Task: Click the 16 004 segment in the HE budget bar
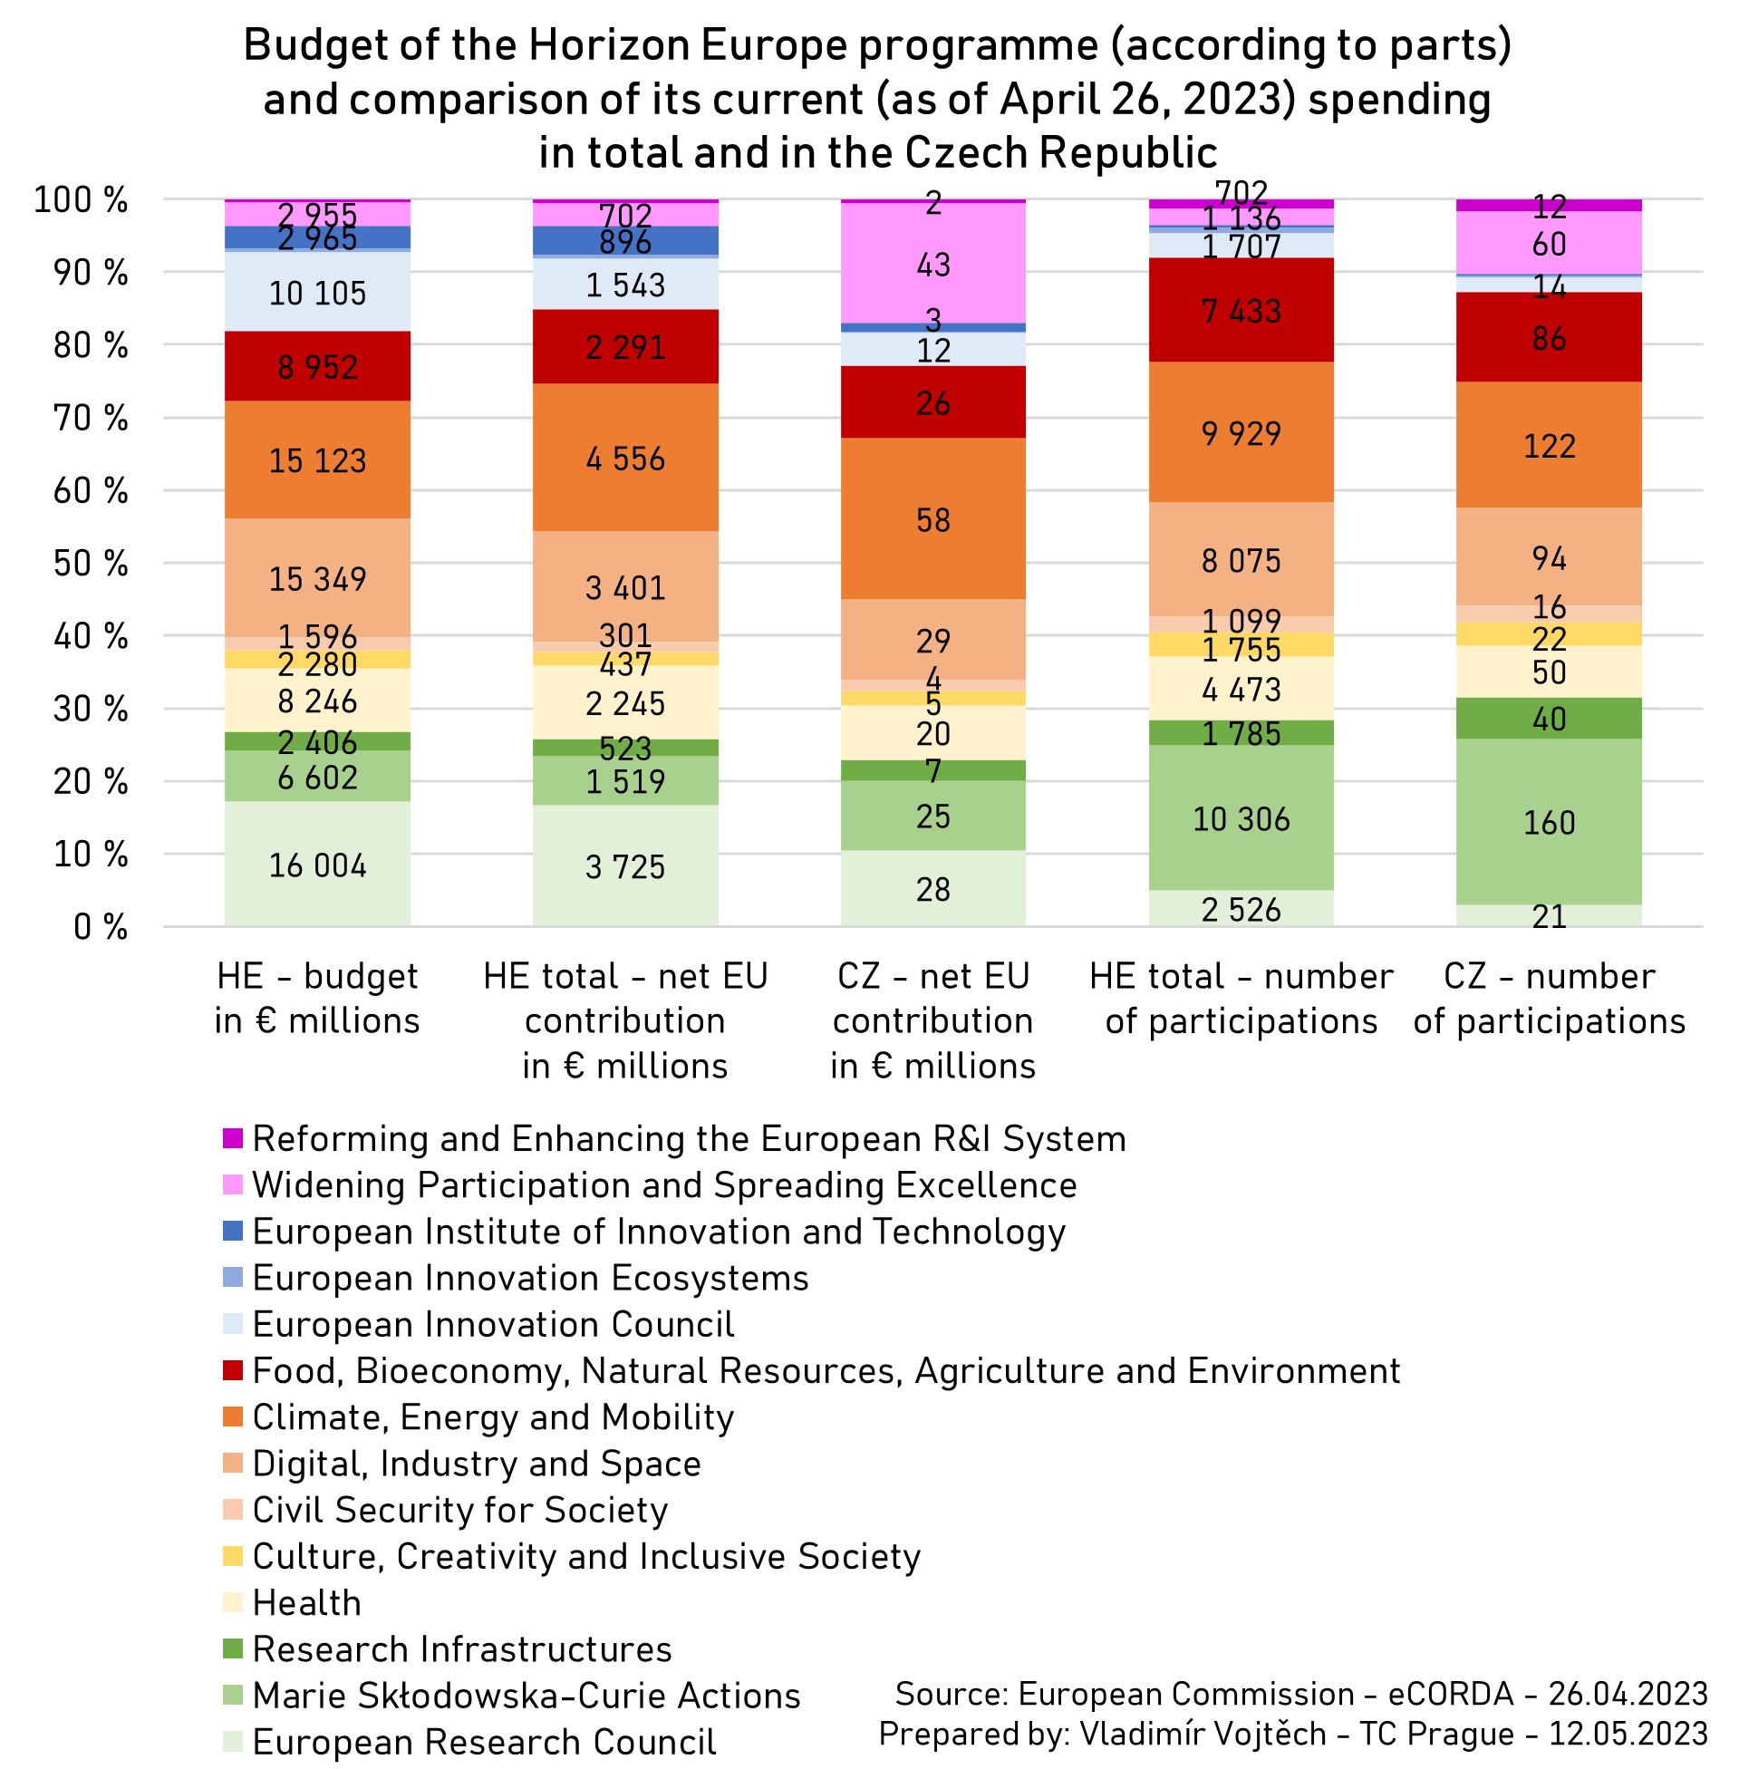(x=317, y=864)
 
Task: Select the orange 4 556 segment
(x=625, y=457)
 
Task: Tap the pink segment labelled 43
(x=932, y=264)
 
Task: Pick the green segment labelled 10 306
(x=1241, y=817)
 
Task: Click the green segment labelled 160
(x=1548, y=821)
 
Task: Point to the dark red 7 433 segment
(x=1241, y=310)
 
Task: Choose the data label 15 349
(x=317, y=578)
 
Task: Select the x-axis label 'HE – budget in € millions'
(x=317, y=998)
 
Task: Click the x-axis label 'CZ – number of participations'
(x=1548, y=998)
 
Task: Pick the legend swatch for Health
(x=233, y=1602)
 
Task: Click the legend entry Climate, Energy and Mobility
(x=493, y=1416)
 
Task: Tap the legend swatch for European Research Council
(x=233, y=1741)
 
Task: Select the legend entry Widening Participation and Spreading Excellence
(x=664, y=1184)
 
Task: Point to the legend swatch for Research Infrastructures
(x=233, y=1648)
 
